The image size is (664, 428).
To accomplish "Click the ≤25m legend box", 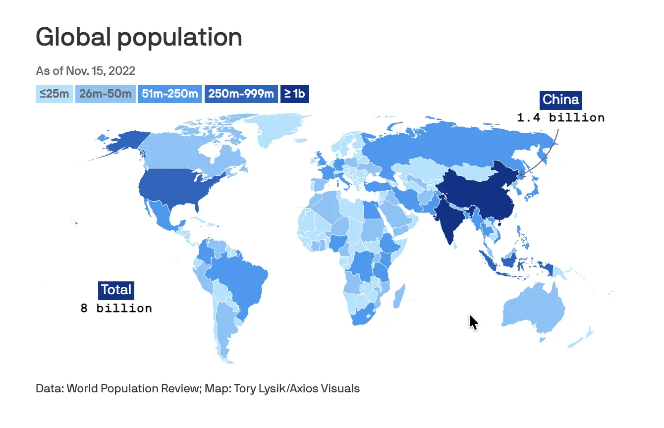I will click(55, 94).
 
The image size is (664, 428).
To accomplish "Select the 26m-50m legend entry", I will click(105, 94).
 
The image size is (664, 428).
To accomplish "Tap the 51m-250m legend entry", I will click(170, 94).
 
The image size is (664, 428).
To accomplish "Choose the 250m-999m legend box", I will click(241, 94).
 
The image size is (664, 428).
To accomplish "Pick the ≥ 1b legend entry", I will click(294, 94).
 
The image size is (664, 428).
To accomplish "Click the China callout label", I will click(560, 100).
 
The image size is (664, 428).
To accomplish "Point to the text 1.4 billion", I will click(560, 118).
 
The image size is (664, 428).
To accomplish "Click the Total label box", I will click(116, 290).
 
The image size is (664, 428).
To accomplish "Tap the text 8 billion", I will click(116, 308).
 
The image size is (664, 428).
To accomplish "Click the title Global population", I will click(139, 37).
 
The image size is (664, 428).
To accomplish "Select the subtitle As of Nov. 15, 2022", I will click(85, 70).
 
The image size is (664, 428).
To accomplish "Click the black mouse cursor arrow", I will click(473, 322).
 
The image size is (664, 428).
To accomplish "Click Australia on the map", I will click(533, 310).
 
